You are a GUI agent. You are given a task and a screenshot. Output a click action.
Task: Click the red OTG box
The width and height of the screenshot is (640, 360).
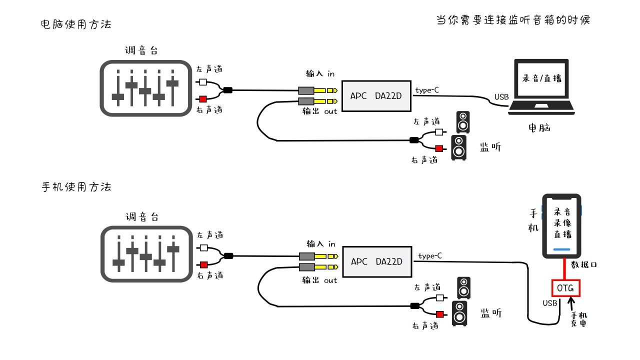[x=565, y=288]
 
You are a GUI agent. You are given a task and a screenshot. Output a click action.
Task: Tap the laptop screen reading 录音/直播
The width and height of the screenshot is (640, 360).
[x=542, y=79]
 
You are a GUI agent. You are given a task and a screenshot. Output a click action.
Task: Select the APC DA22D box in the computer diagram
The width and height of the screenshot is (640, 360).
[x=376, y=95]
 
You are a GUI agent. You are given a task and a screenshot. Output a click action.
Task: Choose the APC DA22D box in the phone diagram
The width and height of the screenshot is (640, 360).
[x=376, y=261]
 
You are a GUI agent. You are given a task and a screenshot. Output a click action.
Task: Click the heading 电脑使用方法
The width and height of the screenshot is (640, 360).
[x=76, y=24]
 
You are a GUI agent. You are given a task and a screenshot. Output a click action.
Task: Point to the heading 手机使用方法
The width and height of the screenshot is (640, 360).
[x=76, y=187]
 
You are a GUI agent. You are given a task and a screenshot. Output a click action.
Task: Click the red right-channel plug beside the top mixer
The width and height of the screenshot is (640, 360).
[x=202, y=98]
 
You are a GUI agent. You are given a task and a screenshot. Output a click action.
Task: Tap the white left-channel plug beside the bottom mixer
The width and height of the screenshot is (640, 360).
[x=203, y=247]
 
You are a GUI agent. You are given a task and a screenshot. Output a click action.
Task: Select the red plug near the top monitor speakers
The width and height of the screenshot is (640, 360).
[x=439, y=148]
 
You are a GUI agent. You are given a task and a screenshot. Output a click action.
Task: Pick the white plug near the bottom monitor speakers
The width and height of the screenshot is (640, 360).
[x=439, y=298]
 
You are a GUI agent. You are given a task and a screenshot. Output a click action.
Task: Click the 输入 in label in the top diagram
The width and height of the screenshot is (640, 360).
[x=320, y=73]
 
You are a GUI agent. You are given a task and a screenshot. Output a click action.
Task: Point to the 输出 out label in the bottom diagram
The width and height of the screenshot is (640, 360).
[x=320, y=280]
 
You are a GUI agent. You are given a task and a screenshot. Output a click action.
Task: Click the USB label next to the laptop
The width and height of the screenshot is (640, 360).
[x=501, y=96]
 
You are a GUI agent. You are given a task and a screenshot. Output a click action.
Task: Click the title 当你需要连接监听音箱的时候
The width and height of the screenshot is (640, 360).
[x=513, y=20]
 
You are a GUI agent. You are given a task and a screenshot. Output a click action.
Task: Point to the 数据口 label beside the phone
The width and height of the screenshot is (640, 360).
[x=584, y=264]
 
